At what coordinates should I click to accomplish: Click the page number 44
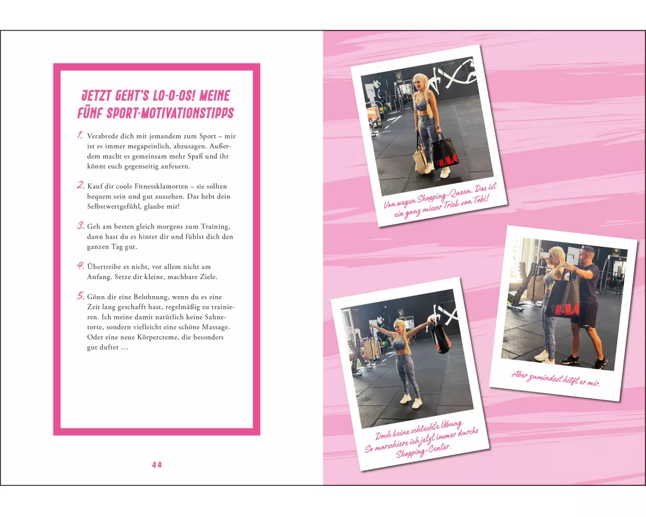coord(157,465)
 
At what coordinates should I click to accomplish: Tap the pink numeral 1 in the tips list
coord(79,135)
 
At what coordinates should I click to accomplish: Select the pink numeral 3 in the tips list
coord(80,226)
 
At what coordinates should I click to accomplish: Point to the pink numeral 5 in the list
coord(80,296)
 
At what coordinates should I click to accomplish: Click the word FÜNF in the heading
coord(90,113)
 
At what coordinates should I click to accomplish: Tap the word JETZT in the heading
coord(96,96)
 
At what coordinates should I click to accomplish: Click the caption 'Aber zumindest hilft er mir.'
coord(555,378)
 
